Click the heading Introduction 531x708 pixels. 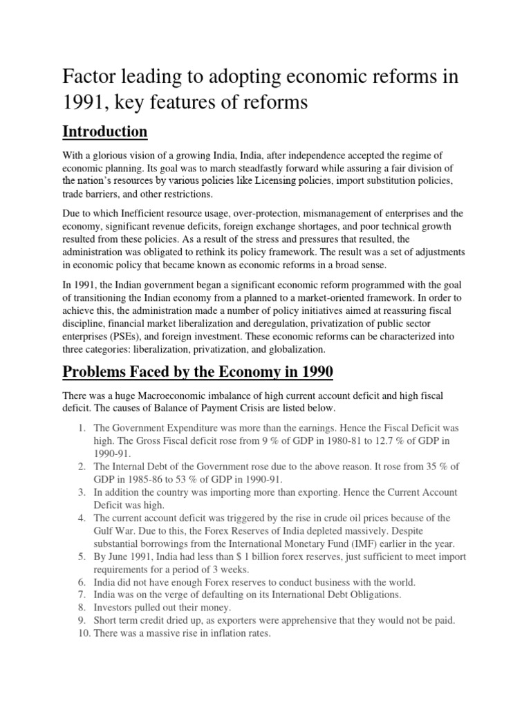(105, 131)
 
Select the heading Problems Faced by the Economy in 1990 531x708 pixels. (198, 373)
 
